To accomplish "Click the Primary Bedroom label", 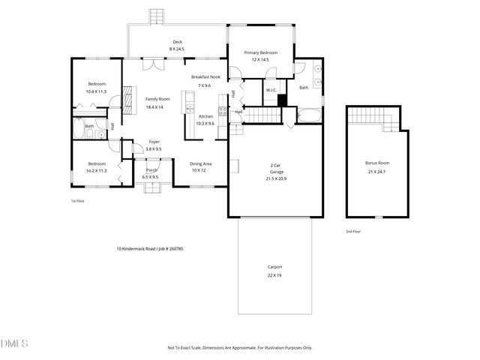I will (261, 52).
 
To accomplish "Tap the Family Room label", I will (157, 99).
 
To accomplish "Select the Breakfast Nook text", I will (205, 77).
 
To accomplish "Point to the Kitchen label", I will (205, 116).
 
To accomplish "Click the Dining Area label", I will (199, 163).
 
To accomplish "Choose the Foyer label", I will (154, 142).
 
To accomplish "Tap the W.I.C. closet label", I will (271, 91).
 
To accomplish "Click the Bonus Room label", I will (377, 162).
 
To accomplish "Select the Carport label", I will (274, 267).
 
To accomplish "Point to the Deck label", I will (178, 42).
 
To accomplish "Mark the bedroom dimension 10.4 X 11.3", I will (97, 91).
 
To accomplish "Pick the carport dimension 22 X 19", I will (274, 275).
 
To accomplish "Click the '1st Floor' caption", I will (79, 202).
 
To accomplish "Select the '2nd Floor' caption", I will (353, 232).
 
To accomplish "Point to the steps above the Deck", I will (156, 16).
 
